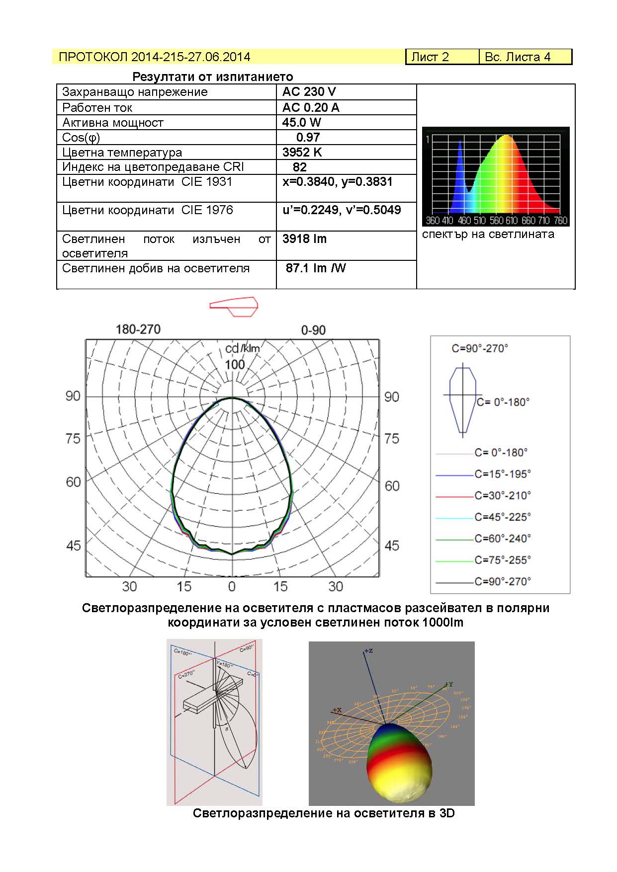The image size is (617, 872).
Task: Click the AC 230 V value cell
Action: (x=309, y=92)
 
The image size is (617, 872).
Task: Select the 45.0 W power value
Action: (x=301, y=122)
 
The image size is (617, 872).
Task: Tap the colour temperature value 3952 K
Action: (x=302, y=152)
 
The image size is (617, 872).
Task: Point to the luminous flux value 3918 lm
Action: (x=304, y=239)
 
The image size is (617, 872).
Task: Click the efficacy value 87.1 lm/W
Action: (x=315, y=268)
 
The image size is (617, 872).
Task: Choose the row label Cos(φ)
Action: (x=81, y=138)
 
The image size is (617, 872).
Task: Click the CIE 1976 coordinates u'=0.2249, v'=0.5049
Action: (x=342, y=210)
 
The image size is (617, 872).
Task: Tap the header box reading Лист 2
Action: (x=430, y=57)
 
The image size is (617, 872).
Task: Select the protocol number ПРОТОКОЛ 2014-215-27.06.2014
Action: (x=154, y=57)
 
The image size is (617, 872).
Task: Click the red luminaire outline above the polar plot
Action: (x=234, y=306)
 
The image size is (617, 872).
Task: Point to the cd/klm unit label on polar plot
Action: (x=243, y=349)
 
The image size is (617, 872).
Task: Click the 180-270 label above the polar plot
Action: (x=138, y=329)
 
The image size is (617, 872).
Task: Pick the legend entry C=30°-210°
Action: (x=502, y=495)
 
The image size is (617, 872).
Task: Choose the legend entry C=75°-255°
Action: (x=502, y=560)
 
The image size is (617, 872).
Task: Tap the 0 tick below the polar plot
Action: (x=232, y=587)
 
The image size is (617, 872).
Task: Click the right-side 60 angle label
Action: (x=392, y=485)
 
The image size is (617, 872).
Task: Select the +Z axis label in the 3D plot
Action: (x=368, y=650)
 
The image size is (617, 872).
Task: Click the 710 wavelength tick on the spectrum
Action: (x=543, y=220)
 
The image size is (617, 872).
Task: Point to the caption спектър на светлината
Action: (x=488, y=235)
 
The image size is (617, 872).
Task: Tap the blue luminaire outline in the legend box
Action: (x=463, y=400)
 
